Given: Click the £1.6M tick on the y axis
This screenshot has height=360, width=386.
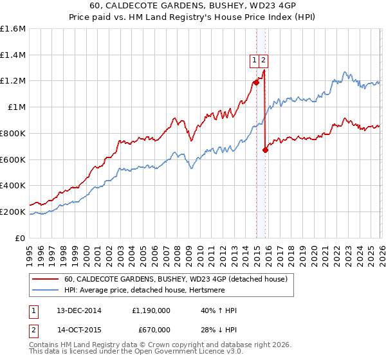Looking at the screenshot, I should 14,29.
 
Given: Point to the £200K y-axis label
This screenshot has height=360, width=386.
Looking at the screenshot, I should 14,212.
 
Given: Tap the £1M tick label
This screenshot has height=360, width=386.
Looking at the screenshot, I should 17,107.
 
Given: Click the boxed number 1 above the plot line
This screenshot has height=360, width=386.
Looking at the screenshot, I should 255,60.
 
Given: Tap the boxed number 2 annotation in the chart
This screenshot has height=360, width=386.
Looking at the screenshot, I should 264,60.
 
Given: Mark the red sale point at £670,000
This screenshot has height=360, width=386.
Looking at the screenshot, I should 265,150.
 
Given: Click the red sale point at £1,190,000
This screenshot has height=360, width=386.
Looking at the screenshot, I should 256,82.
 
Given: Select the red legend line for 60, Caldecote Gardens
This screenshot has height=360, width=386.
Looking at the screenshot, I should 46,279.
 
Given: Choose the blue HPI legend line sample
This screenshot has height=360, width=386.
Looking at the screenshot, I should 46,290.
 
